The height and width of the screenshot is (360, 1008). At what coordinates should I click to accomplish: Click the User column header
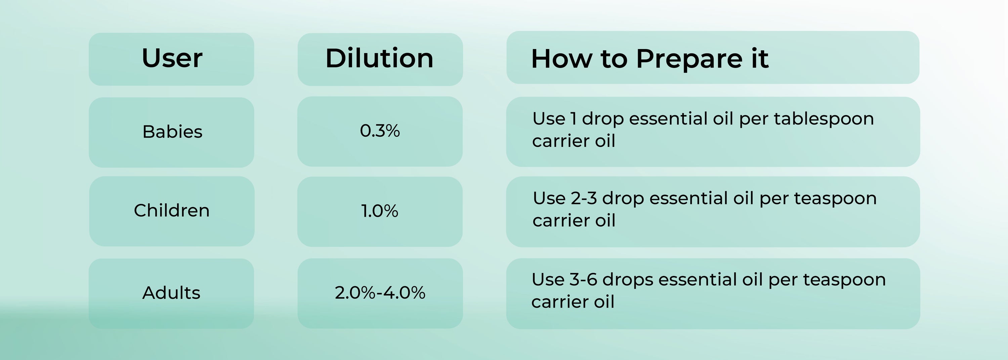pos(172,58)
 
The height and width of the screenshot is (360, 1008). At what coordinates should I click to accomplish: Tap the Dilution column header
pos(380,58)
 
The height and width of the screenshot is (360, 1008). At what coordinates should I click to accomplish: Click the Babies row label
pos(172,131)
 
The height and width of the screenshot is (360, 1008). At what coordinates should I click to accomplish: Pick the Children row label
pos(172,210)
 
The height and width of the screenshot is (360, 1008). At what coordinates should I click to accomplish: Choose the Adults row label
pos(171,293)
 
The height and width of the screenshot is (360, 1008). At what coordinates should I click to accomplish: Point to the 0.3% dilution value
pos(380,131)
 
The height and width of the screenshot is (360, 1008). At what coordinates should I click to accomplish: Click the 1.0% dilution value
pos(380,211)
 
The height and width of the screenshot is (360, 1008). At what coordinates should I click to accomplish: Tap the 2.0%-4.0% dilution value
pos(380,293)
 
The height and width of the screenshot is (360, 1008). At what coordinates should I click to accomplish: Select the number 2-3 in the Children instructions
pos(584,198)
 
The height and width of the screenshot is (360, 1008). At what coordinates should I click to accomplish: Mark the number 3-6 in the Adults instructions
pos(583,280)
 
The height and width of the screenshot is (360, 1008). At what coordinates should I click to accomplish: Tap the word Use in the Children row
pos(549,198)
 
